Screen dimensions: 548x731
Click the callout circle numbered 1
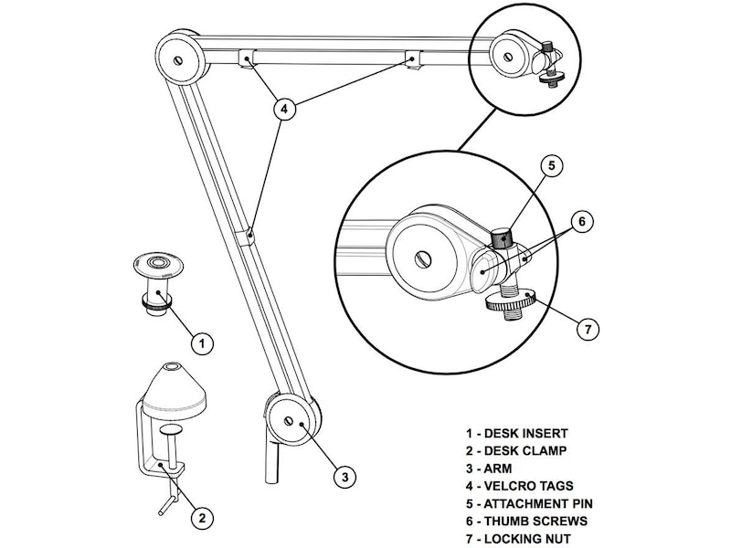tap(201, 343)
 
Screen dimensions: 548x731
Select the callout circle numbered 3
tap(343, 476)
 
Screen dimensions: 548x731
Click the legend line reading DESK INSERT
tap(516, 433)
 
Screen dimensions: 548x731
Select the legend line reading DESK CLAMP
tap(515, 450)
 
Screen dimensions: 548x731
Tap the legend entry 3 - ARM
tap(489, 469)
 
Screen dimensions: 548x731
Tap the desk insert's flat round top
tap(161, 266)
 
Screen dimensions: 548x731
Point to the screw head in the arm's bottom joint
tap(291, 421)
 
